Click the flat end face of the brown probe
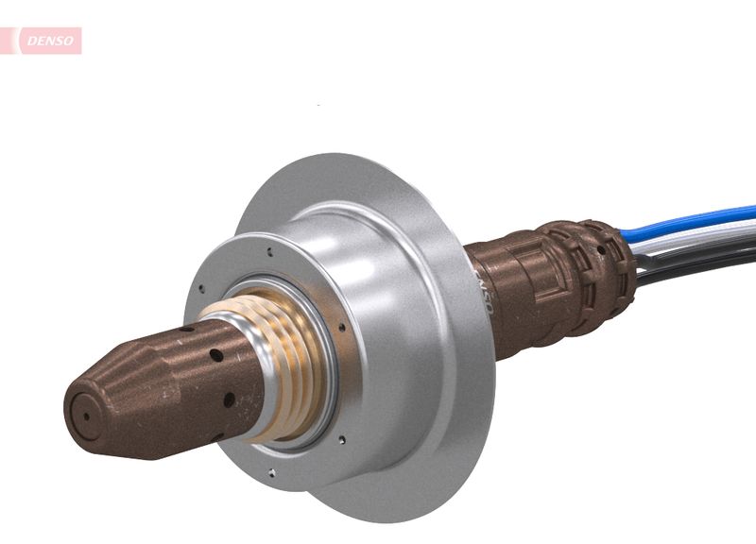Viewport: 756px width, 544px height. point(88,415)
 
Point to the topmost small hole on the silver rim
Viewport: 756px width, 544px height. point(270,252)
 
